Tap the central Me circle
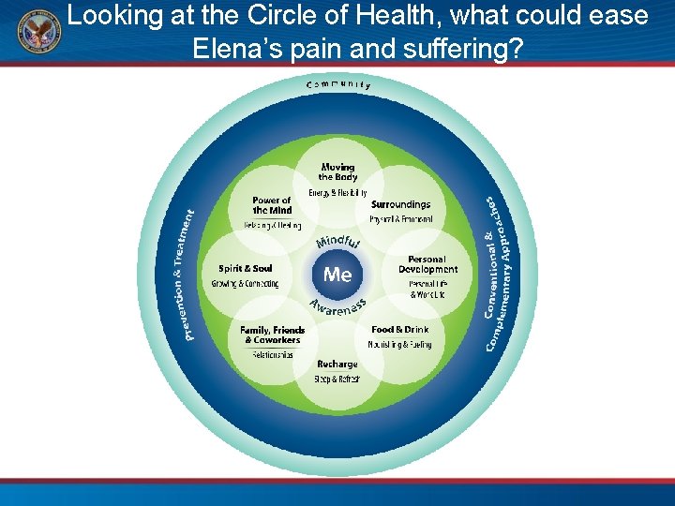click(x=337, y=275)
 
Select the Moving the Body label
click(x=337, y=172)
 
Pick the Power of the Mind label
click(x=272, y=205)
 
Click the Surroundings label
click(x=400, y=204)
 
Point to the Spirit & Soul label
click(x=246, y=269)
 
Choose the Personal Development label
click(x=427, y=264)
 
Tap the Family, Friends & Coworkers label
click(x=273, y=335)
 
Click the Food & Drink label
click(x=400, y=330)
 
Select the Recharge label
click(x=337, y=365)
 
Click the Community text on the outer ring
click(x=337, y=84)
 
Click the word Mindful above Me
click(x=337, y=243)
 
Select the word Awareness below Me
click(x=337, y=308)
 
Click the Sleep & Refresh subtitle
click(x=337, y=379)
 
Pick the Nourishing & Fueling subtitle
click(x=401, y=344)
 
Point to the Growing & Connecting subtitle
click(x=245, y=283)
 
